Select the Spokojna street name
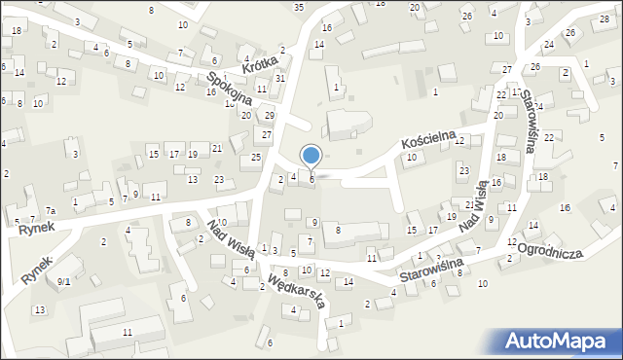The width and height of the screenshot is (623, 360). point(229,87)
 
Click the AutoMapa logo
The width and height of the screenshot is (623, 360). point(558,342)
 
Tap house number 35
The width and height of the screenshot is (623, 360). point(299,7)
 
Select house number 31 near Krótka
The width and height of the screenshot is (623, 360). point(280,78)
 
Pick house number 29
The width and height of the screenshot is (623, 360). point(270,116)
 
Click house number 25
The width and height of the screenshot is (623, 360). point(256,158)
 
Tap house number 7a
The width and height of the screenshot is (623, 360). point(51,211)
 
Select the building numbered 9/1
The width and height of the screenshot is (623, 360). point(64,281)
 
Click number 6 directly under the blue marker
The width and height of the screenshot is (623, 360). point(311,179)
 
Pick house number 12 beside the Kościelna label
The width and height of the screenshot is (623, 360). point(458,141)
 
